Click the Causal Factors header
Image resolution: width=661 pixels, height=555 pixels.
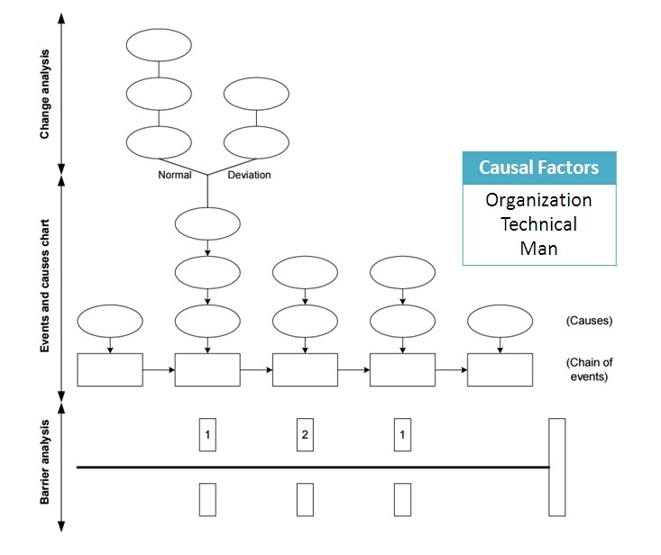pos(538,168)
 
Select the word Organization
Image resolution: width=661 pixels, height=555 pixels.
pos(538,200)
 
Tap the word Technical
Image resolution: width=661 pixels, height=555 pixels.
pos(538,223)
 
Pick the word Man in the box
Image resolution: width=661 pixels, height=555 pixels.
pos(538,247)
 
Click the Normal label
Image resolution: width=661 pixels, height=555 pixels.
pos(174,176)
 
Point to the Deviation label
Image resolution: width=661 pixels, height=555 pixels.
pos(249,176)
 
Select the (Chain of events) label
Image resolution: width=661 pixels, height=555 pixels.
pos(590,369)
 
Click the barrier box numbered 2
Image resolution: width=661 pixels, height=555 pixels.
pos(305,435)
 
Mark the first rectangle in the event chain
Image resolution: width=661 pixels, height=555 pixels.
pos(110,369)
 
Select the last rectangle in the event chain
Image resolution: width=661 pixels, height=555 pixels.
pos(500,369)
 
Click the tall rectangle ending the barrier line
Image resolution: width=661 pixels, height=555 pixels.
pos(556,467)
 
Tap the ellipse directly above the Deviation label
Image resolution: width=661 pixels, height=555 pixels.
pos(256,142)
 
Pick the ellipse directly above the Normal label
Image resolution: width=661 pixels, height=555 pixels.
pos(159,142)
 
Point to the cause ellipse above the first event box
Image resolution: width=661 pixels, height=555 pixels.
pos(110,320)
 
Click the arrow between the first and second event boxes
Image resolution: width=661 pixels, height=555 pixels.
pos(159,369)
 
